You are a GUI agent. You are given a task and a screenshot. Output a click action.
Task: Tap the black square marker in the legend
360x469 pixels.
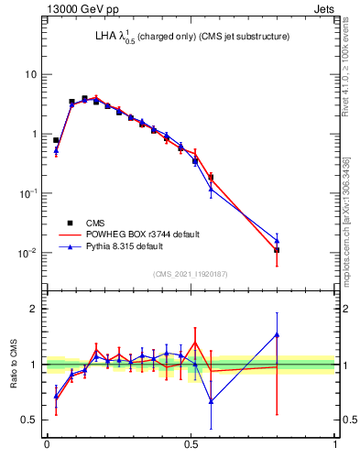coord(71,223)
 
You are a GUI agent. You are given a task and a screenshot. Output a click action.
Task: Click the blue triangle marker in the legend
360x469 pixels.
coord(71,246)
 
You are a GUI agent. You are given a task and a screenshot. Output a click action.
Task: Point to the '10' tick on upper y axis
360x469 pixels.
coord(31,73)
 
